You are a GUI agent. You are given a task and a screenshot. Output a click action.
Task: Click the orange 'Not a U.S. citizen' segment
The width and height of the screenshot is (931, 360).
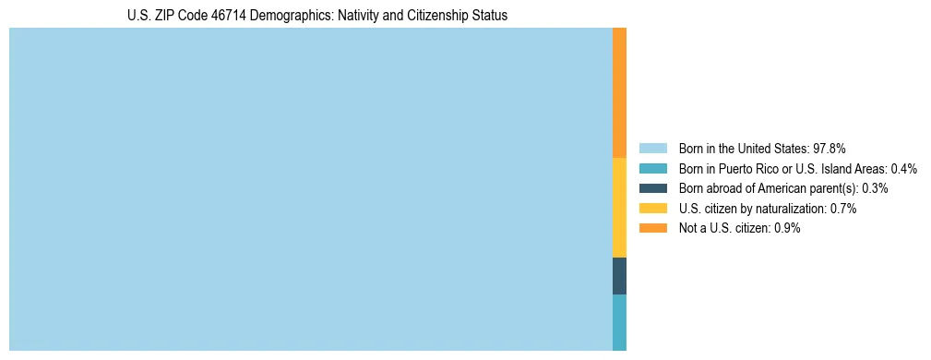619,92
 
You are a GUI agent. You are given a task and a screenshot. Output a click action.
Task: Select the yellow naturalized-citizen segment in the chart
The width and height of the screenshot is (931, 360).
619,208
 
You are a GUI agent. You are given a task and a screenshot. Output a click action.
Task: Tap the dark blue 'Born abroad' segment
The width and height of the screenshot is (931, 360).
619,276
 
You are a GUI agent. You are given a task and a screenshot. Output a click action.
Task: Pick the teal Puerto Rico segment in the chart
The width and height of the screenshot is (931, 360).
619,322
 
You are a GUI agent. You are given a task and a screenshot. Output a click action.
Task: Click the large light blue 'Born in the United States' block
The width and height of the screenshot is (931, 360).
310,189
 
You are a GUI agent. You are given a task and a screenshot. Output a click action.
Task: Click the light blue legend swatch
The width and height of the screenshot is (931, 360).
652,148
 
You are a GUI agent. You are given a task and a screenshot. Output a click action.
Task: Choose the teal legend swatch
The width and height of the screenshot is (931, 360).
652,168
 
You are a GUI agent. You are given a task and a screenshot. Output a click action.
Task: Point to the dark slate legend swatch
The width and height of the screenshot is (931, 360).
652,188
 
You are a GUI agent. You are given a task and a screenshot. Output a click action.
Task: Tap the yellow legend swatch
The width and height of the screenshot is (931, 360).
652,209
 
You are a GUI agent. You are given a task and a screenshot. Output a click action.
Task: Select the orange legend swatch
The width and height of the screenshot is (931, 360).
652,229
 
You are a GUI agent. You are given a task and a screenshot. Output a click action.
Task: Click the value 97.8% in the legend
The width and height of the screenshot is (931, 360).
830,148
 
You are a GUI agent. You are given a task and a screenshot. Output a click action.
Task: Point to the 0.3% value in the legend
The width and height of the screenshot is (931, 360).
875,188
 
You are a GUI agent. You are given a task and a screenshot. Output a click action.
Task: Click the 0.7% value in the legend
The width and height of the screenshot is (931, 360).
842,209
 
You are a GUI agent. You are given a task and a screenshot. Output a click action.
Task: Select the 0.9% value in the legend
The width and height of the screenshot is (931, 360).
787,229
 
